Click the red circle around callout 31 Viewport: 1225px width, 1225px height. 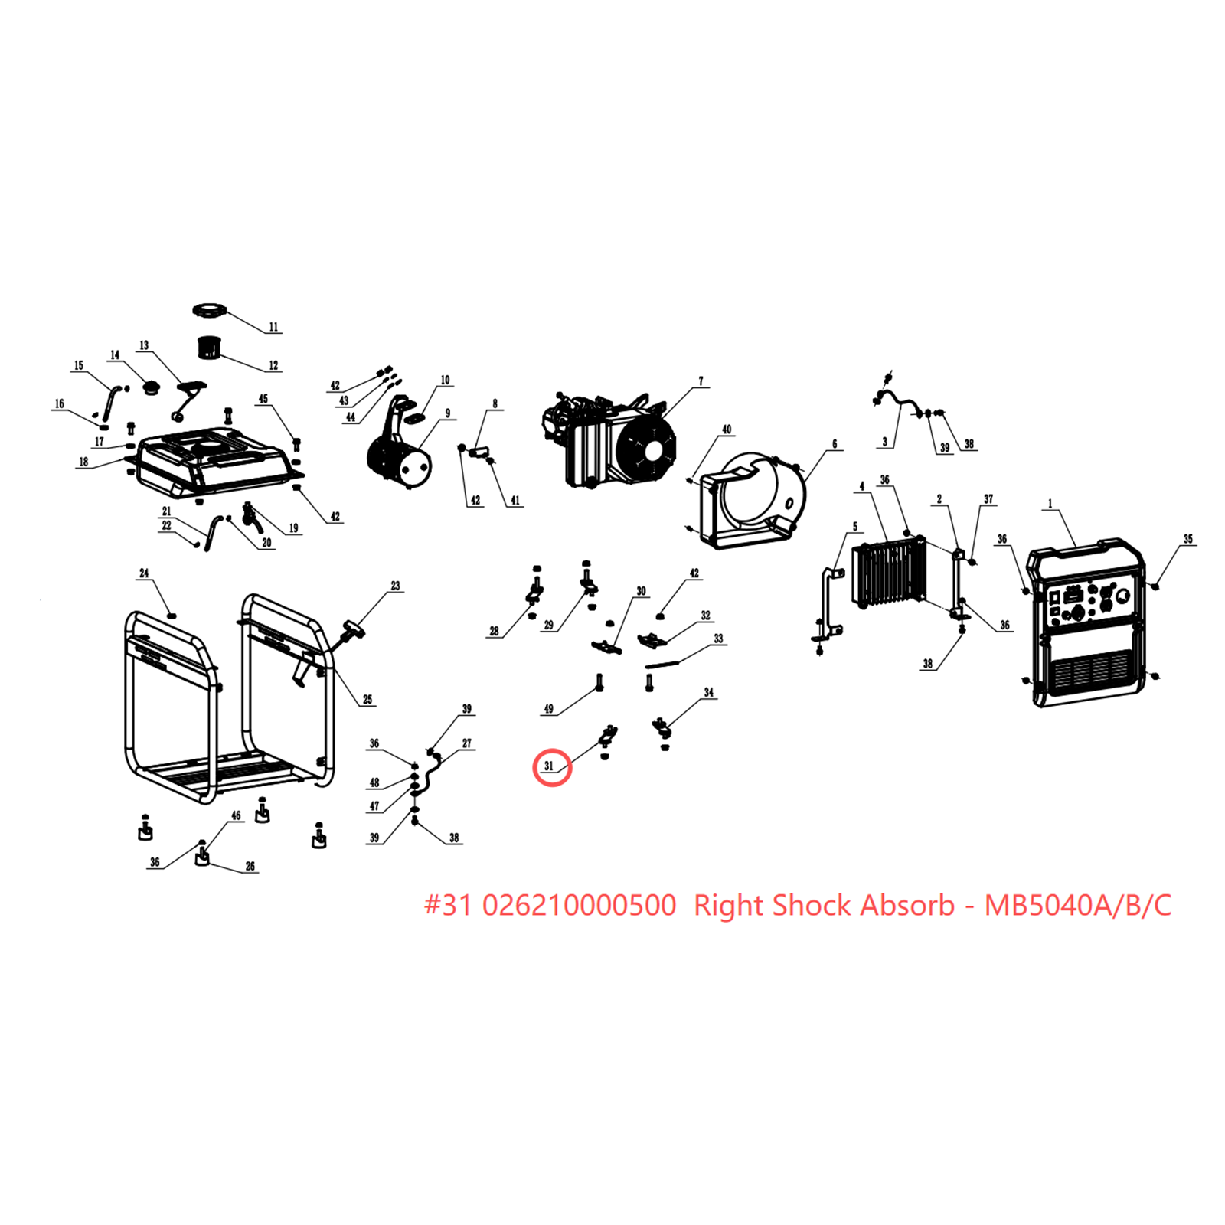[x=552, y=766]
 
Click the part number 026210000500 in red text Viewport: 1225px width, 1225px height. [x=579, y=905]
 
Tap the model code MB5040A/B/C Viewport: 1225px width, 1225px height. [x=1077, y=905]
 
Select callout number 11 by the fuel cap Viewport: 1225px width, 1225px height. [x=273, y=327]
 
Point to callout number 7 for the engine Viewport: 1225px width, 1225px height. [x=700, y=381]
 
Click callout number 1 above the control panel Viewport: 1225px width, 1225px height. [x=1050, y=504]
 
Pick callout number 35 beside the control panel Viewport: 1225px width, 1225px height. [x=1187, y=539]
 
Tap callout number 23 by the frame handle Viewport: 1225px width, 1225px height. [x=395, y=586]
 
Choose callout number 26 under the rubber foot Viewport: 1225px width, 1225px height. [x=250, y=866]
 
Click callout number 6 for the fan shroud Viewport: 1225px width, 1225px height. [x=834, y=444]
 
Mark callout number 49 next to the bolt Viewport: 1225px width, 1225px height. [x=548, y=708]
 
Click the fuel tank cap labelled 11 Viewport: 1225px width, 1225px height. [x=210, y=311]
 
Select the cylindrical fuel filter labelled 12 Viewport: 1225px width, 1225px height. [x=209, y=348]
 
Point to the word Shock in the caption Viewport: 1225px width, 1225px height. [x=810, y=905]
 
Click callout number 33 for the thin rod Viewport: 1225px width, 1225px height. [x=717, y=639]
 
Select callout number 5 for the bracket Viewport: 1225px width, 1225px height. [x=855, y=527]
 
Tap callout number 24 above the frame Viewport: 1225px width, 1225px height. [x=144, y=573]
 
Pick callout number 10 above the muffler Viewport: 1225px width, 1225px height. [x=445, y=380]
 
